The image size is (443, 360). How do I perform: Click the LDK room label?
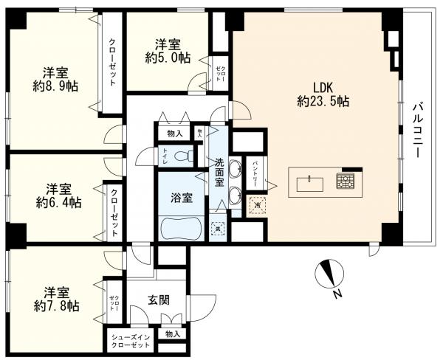(x=323, y=86)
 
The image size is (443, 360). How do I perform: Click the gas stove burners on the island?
(x=345, y=181)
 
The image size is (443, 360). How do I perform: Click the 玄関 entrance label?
(x=159, y=300)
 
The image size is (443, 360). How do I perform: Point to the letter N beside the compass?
(x=337, y=296)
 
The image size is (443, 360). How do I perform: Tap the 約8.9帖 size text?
(x=55, y=86)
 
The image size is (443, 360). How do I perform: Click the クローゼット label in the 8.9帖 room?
(x=112, y=63)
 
